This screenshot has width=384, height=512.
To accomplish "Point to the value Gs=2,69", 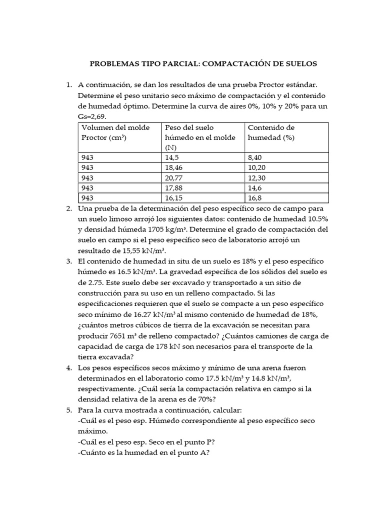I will coord(92,116).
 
